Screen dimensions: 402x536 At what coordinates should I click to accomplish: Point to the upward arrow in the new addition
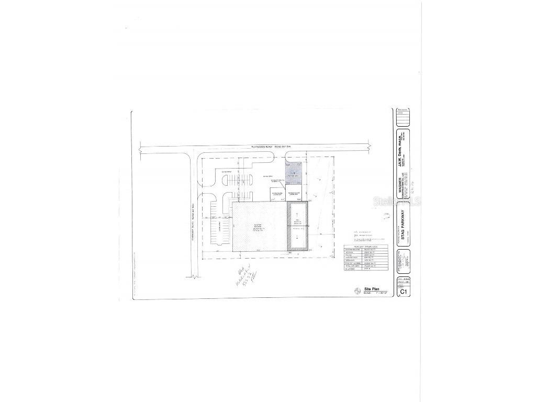coord(297,215)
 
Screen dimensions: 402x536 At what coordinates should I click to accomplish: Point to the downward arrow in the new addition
coord(297,238)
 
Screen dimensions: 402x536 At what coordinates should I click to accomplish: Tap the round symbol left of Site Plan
coord(358,291)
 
